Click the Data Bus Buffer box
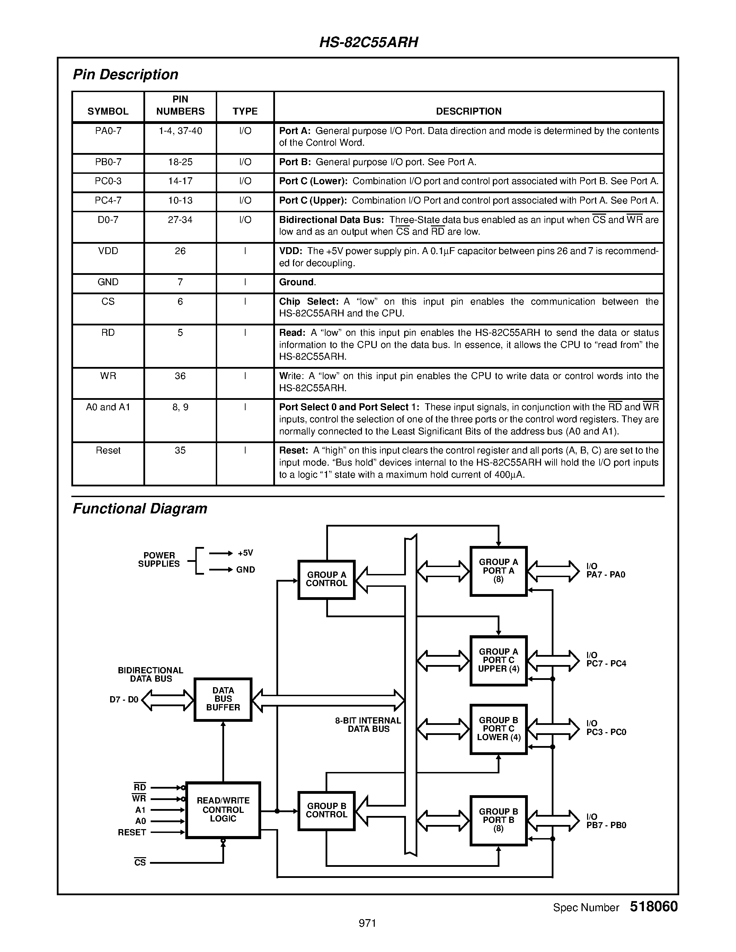(223, 699)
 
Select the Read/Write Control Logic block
(223, 810)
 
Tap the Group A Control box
(326, 579)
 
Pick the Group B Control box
(326, 810)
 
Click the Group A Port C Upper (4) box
(498, 661)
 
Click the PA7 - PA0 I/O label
(605, 571)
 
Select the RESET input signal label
(132, 833)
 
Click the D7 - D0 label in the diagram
(124, 700)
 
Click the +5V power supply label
(246, 553)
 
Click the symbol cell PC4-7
(108, 200)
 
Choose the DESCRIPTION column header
(468, 111)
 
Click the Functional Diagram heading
(140, 509)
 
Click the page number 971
(367, 923)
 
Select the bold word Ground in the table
(296, 282)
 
